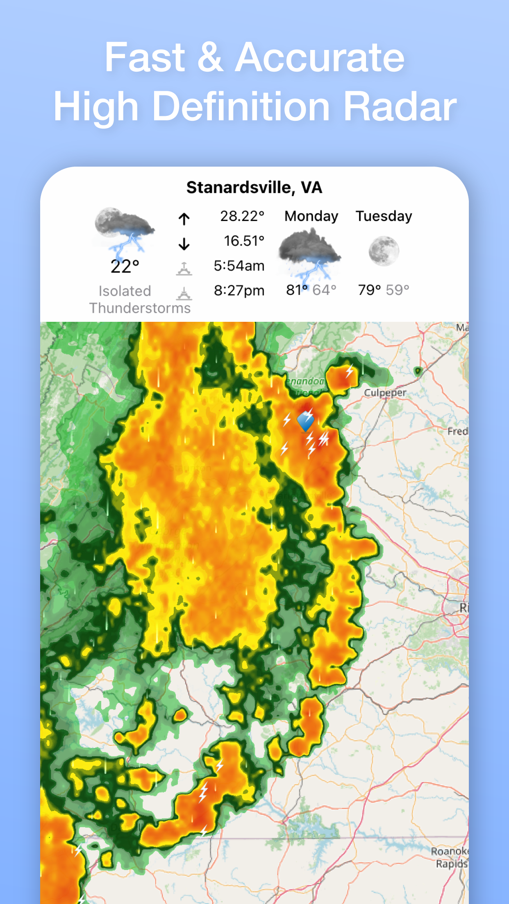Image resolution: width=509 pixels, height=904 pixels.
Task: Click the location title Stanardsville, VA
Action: (254, 188)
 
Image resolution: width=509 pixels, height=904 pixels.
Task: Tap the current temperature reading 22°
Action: (125, 267)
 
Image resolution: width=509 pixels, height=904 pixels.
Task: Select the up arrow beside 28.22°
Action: (184, 219)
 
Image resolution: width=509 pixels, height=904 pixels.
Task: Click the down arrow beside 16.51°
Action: (184, 244)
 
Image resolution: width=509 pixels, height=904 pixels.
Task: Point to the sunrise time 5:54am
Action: (239, 266)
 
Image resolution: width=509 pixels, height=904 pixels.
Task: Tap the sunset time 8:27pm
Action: (239, 291)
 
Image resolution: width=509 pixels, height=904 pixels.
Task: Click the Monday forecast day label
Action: (311, 216)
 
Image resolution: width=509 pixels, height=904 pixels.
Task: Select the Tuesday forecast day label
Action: (384, 216)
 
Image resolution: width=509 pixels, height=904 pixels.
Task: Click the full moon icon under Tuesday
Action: (384, 251)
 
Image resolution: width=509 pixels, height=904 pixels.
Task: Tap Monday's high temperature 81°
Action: (297, 290)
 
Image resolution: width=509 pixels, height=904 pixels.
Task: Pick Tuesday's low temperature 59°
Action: (397, 290)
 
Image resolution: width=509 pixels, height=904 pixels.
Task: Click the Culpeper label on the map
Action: (385, 393)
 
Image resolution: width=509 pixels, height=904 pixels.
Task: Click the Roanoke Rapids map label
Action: (450, 857)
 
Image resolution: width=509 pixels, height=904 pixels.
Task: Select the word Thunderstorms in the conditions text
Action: (140, 308)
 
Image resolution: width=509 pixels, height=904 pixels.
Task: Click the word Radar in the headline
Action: (400, 106)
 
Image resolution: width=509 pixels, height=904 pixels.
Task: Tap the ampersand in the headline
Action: (210, 57)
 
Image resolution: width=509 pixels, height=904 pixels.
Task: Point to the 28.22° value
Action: (242, 216)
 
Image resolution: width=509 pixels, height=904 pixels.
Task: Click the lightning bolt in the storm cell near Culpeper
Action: (349, 371)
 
